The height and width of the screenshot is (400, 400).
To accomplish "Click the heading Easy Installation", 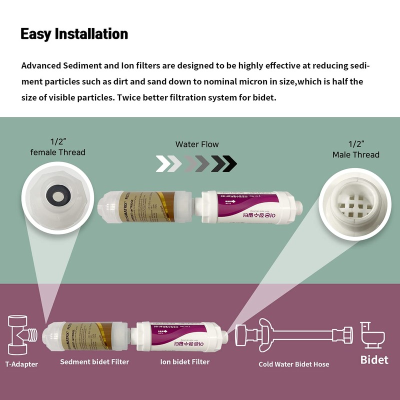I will pos(74,34).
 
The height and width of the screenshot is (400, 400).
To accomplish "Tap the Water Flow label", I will pos(197,144).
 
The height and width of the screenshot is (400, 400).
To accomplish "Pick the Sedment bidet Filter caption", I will pos(94,361).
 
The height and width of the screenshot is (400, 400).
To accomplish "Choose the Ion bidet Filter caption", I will pos(184,361).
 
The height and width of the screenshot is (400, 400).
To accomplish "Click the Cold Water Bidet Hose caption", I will pos(293,364).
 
